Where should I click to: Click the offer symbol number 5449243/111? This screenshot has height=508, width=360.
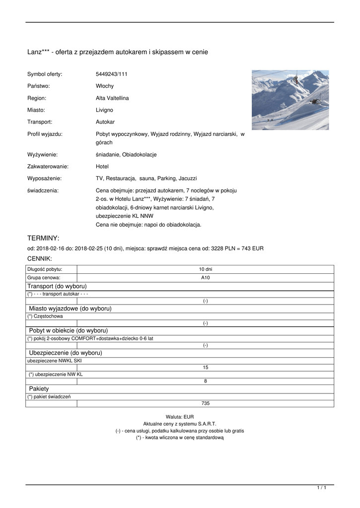pos(112,74)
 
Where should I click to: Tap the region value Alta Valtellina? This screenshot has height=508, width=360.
pos(112,98)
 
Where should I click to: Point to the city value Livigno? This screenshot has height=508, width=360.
pos(104,110)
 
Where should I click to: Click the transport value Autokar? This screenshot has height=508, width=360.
pos(105,122)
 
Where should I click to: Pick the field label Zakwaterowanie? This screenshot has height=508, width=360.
pos(48,167)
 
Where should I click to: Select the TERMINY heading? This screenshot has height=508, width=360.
pos(43,238)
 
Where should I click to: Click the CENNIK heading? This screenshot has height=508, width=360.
pos(39,258)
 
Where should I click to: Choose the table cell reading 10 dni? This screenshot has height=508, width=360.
pos(205,269)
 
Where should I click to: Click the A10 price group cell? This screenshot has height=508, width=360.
pos(205,278)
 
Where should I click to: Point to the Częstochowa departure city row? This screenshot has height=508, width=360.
pos(45,316)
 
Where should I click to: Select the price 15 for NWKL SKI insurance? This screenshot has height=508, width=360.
pos(205,368)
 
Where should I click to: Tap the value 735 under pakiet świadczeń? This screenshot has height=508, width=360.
pos(205,403)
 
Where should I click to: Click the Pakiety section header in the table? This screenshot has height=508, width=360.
pos(39,389)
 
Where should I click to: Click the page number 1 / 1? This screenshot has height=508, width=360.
pos(322,488)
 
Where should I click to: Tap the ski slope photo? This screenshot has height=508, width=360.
pos(290,100)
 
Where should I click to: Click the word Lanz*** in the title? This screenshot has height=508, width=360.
pos(39,52)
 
